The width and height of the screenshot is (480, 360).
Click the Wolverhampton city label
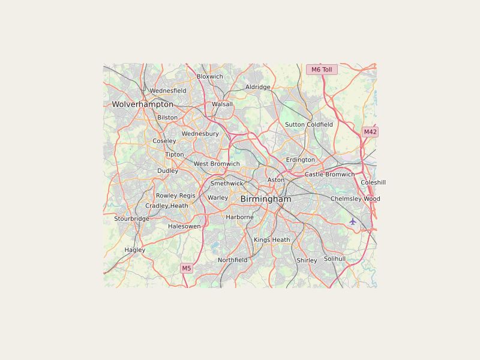(x=142, y=104)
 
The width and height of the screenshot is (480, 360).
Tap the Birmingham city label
(x=266, y=199)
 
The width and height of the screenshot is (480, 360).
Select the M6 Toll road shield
(x=322, y=70)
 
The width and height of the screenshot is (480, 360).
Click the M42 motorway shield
(x=370, y=132)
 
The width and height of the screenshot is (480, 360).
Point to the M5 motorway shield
(x=187, y=268)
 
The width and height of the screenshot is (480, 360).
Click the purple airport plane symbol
(x=353, y=221)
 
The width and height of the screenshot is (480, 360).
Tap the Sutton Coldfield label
(x=308, y=125)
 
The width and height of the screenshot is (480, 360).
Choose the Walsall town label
(x=222, y=104)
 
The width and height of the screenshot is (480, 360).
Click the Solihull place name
(x=335, y=259)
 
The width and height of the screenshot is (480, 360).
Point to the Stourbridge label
(x=131, y=219)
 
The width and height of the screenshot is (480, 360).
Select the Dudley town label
(x=167, y=171)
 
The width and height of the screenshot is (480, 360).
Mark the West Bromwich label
(x=217, y=164)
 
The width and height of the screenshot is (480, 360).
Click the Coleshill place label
(x=373, y=182)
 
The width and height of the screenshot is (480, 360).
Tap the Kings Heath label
(x=272, y=240)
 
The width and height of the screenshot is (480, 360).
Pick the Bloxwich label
(x=210, y=77)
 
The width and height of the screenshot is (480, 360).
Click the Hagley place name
(x=135, y=250)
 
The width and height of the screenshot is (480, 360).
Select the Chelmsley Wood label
(x=355, y=199)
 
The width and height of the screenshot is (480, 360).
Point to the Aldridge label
(x=258, y=87)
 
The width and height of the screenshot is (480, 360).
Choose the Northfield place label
(x=232, y=260)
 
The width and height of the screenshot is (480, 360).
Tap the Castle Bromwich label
(x=329, y=175)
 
